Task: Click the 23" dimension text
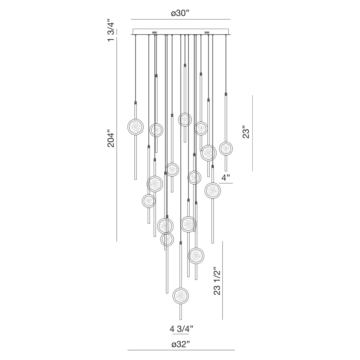click(x=246, y=133)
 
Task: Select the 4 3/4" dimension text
click(x=181, y=328)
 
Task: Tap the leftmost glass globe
click(x=136, y=127)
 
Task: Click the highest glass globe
click(x=185, y=119)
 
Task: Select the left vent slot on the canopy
click(x=155, y=32)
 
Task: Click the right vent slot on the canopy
click(x=207, y=32)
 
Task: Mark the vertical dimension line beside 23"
click(x=252, y=133)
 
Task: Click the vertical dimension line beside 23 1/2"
click(x=222, y=280)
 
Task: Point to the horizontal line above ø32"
click(x=181, y=350)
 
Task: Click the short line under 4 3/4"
click(x=181, y=334)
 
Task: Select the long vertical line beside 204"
click(x=117, y=139)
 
